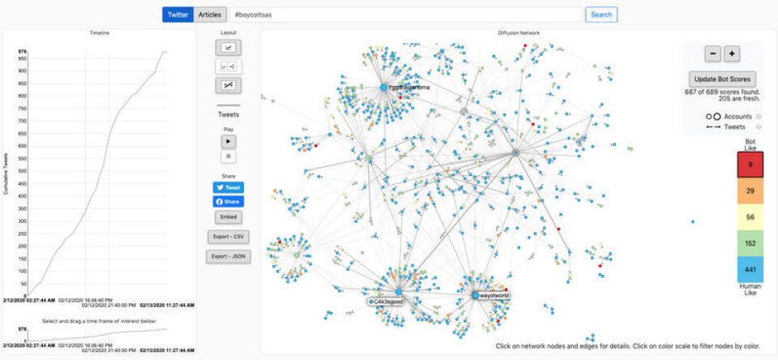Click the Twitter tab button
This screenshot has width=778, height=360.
coord(178,15)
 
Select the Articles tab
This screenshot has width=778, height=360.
coord(210,15)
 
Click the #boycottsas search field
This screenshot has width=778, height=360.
coord(405,15)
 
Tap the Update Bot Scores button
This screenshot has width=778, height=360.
coord(722,79)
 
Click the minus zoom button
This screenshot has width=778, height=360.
coord(712,54)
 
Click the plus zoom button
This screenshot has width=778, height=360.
coord(732,54)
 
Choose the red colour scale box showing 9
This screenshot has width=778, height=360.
coord(750,165)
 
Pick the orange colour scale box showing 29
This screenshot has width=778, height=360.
coord(750,191)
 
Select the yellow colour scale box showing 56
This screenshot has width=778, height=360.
coord(750,216)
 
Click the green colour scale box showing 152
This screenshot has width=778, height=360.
coord(750,242)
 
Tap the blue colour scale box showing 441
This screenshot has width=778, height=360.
coord(750,268)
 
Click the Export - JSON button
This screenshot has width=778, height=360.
coord(229,256)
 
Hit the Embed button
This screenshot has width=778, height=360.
coord(229,217)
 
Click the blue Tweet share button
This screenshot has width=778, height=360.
coord(229,187)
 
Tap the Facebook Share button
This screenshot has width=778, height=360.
coord(229,202)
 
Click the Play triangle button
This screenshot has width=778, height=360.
coord(229,140)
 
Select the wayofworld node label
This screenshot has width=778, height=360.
coord(494,296)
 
